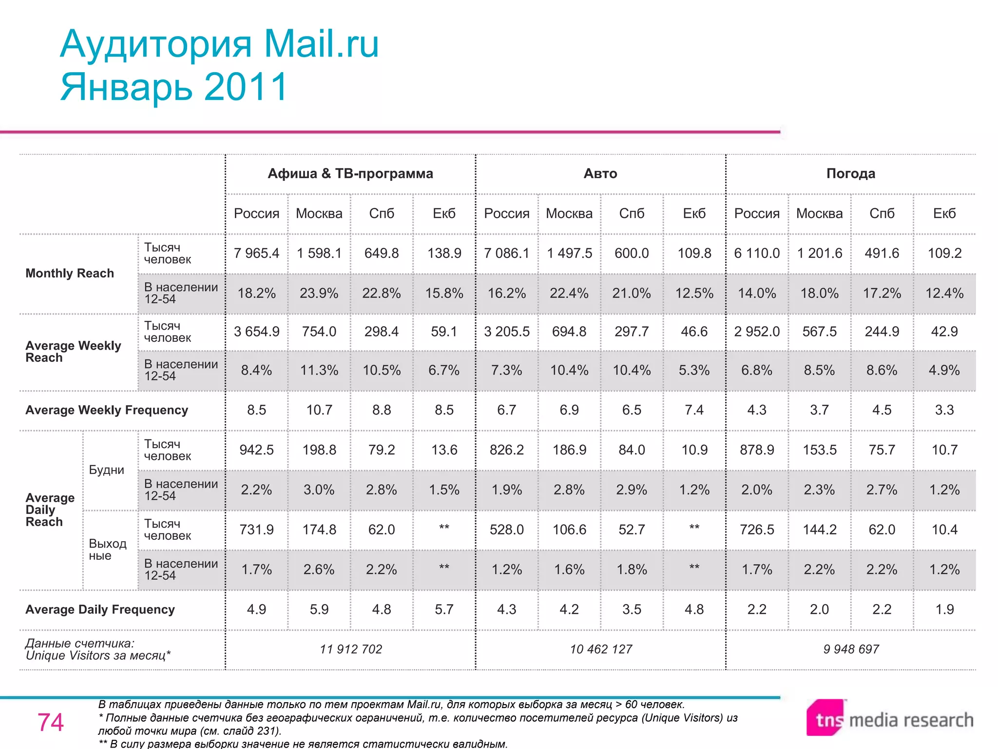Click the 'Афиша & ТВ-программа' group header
[350, 174]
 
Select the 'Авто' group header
[600, 174]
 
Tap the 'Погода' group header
[851, 174]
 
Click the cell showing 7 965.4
[256, 253]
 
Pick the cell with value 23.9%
[319, 293]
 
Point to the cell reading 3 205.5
[507, 332]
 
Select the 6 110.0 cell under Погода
[757, 253]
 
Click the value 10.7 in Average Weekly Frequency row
[319, 410]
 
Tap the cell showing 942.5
[256, 450]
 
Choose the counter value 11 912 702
[351, 649]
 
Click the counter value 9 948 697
[851, 649]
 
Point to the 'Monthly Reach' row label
[70, 273]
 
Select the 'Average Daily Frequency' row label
[100, 610]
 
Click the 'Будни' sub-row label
[106, 470]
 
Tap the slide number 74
[51, 722]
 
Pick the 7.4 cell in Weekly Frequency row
[694, 410]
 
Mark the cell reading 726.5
[757, 530]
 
